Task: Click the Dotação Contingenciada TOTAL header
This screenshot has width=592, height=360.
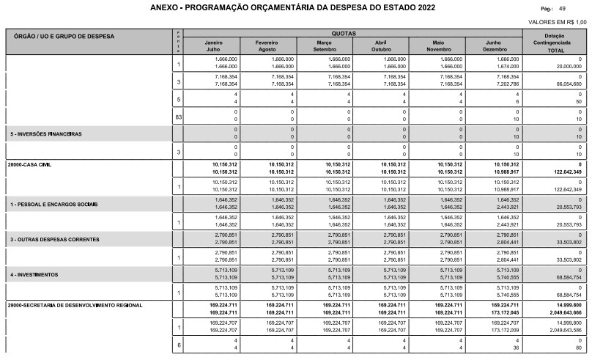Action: (x=560, y=43)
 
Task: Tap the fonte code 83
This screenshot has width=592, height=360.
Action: (x=178, y=117)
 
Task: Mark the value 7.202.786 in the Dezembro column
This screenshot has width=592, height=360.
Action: (x=506, y=84)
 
